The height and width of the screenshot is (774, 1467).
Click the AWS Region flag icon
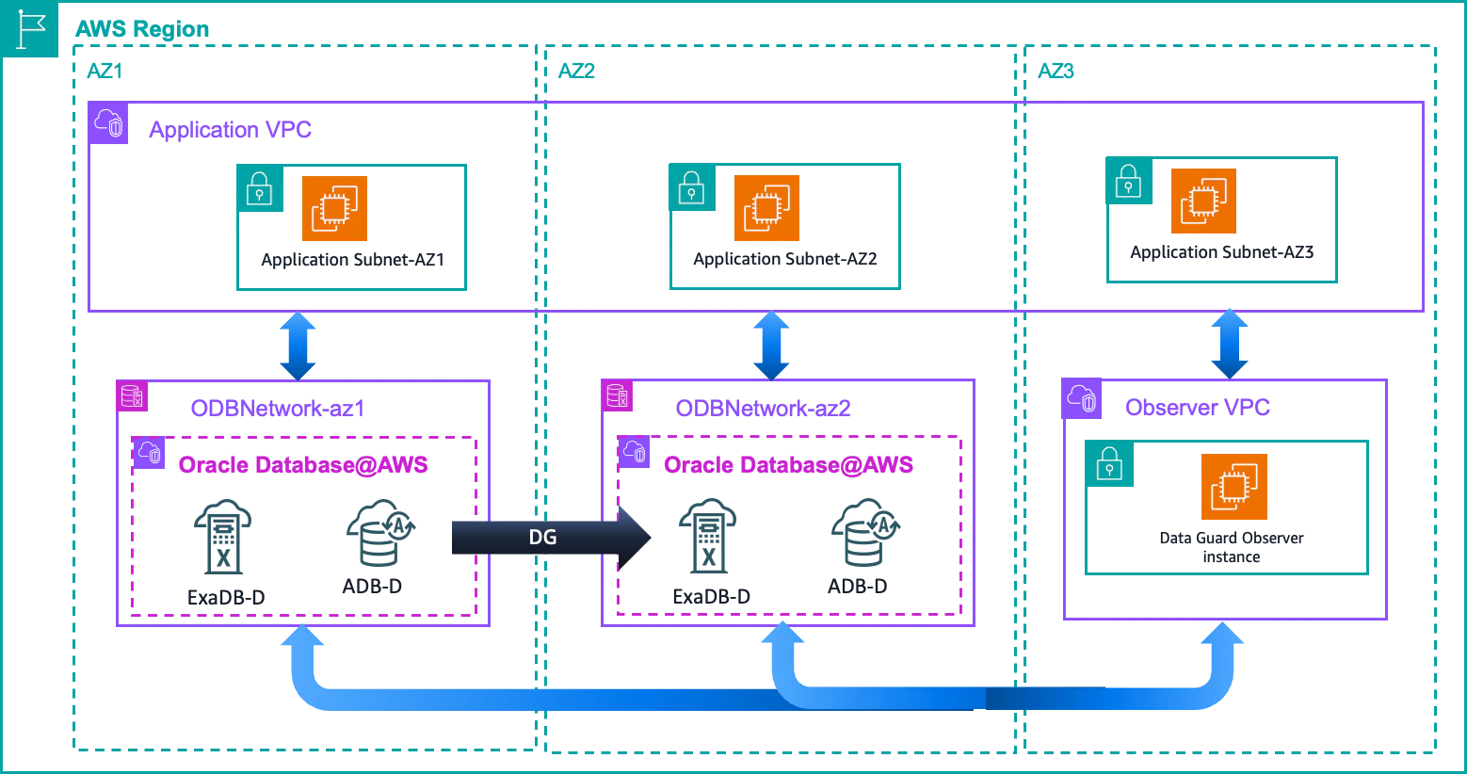(29, 29)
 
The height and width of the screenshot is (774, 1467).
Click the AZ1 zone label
(105, 71)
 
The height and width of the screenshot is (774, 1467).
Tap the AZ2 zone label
(576, 71)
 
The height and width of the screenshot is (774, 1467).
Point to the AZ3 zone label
(1056, 71)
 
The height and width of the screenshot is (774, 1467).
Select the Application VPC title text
(230, 130)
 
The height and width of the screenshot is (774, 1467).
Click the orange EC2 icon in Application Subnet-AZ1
(334, 208)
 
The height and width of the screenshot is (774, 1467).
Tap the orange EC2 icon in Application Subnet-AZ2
(766, 207)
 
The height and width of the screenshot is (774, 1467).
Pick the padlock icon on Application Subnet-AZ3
(1128, 181)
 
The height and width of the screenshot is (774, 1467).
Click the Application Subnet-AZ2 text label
(784, 259)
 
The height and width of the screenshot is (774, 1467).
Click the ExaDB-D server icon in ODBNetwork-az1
(222, 537)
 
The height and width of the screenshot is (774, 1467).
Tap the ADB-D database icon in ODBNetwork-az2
(865, 532)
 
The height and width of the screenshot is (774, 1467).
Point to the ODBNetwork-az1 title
(278, 408)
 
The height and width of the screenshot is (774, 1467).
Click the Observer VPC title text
(1197, 408)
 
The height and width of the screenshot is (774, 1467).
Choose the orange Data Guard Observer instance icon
(1234, 487)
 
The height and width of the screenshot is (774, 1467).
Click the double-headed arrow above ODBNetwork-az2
(771, 346)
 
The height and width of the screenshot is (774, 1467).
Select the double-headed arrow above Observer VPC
(1230, 345)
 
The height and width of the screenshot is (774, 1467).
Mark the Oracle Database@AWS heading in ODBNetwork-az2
(788, 465)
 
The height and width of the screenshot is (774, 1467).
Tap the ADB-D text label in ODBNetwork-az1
(372, 586)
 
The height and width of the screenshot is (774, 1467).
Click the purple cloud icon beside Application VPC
(108, 122)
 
